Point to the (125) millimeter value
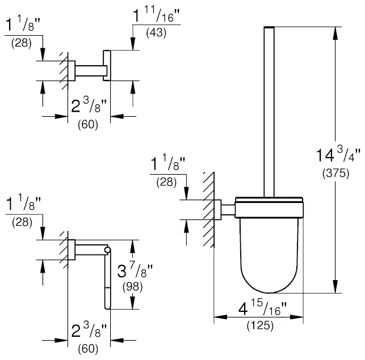coord(258,326)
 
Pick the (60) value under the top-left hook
coord(88,125)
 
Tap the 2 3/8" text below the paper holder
coord(89,331)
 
